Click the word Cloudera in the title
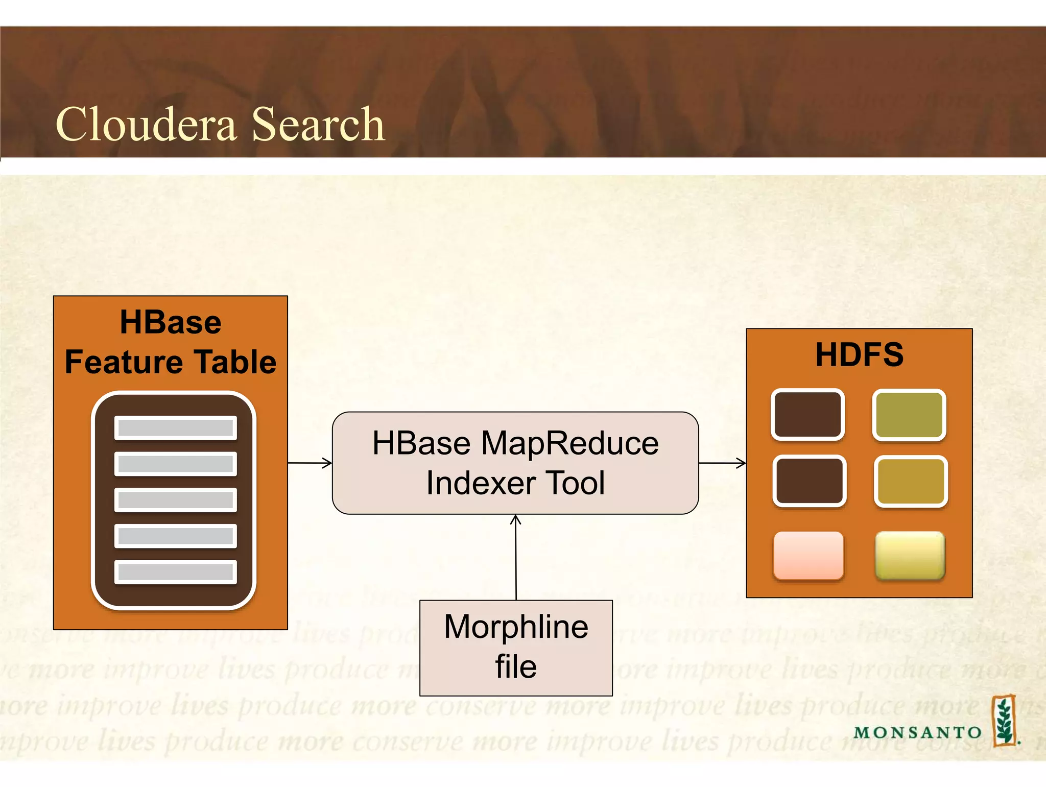click(147, 124)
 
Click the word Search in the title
click(318, 124)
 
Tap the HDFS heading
click(859, 354)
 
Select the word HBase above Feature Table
click(171, 322)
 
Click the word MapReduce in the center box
click(569, 443)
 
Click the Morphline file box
click(516, 648)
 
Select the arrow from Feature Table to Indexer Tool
click(310, 463)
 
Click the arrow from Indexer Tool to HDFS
click(722, 463)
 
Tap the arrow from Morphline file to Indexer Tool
click(516, 557)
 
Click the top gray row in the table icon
click(175, 427)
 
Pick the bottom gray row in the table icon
click(175, 571)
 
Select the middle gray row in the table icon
click(175, 499)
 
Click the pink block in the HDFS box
click(808, 555)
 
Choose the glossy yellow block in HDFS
click(910, 555)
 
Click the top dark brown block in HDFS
click(807, 414)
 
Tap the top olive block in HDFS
click(909, 414)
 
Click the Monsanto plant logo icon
click(1004, 721)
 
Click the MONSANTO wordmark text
click(917, 732)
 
